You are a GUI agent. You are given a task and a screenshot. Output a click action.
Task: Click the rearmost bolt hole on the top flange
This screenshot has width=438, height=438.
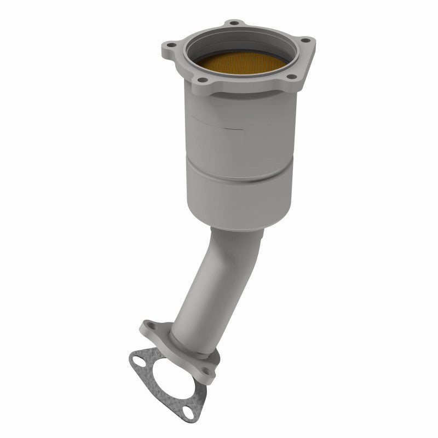[235, 24]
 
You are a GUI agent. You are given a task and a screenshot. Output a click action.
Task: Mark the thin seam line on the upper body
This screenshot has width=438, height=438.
[219, 124]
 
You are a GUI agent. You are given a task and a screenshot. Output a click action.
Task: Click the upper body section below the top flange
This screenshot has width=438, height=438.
[241, 137]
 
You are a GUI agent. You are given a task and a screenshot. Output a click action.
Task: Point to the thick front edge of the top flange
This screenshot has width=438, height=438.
[246, 93]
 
